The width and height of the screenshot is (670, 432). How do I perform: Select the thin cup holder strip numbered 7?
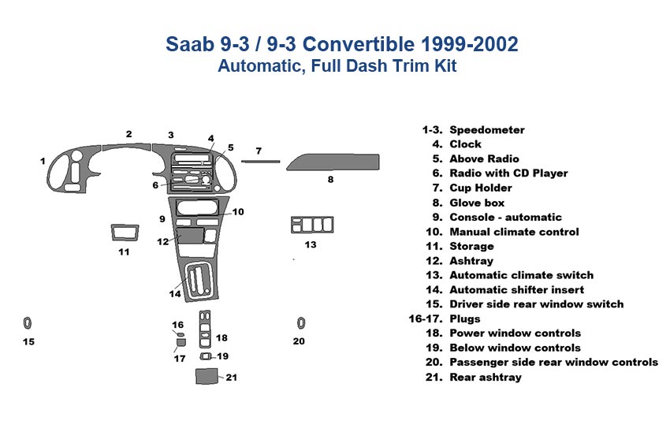pyautogui.click(x=259, y=162)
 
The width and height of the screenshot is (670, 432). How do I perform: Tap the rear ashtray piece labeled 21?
pyautogui.click(x=207, y=376)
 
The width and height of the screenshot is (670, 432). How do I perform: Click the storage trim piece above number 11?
pyautogui.click(x=124, y=233)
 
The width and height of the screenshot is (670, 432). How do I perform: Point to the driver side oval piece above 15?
pyautogui.click(x=28, y=322)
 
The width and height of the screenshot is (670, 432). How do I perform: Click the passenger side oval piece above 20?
pyautogui.click(x=301, y=322)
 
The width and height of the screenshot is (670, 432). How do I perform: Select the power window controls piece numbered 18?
pyautogui.click(x=205, y=331)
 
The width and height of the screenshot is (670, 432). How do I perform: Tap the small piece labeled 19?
pyautogui.click(x=206, y=356)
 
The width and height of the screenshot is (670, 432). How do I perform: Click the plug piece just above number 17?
pyautogui.click(x=181, y=341)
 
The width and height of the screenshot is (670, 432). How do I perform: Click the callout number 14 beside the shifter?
pyautogui.click(x=174, y=294)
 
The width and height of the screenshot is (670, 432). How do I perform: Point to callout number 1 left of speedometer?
pyautogui.click(x=43, y=161)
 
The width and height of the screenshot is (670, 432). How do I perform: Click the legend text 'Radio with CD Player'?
pyautogui.click(x=508, y=173)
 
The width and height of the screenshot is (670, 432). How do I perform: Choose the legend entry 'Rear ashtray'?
pyautogui.click(x=485, y=377)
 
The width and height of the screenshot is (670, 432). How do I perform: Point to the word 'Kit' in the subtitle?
pyautogui.click(x=444, y=67)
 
